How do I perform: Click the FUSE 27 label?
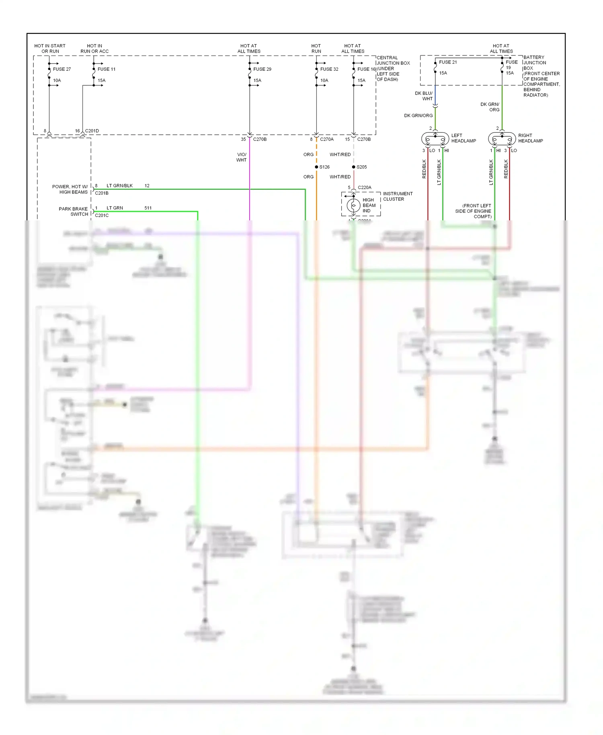[x=62, y=69]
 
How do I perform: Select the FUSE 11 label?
[x=106, y=69]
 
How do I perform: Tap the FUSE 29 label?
[x=262, y=69]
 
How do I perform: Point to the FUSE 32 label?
[x=329, y=69]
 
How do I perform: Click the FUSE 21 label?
[x=447, y=62]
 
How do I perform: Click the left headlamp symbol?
[x=435, y=139]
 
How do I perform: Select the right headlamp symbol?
[x=502, y=139]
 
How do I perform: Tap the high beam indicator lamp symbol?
[x=353, y=205]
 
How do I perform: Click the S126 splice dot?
[x=316, y=167]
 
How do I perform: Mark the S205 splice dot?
[x=353, y=167]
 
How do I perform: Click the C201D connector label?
[x=92, y=131]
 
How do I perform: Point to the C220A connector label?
[x=364, y=187]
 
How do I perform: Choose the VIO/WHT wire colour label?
[x=241, y=157]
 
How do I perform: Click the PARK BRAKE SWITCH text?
[x=73, y=211]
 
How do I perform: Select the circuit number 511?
[x=148, y=208]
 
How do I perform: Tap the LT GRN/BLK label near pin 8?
[x=119, y=186]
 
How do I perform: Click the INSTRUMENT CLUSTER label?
[x=397, y=196]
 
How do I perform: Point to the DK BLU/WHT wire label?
[x=424, y=96]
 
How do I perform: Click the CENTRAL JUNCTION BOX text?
[x=393, y=60]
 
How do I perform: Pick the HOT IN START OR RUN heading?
[x=50, y=48]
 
